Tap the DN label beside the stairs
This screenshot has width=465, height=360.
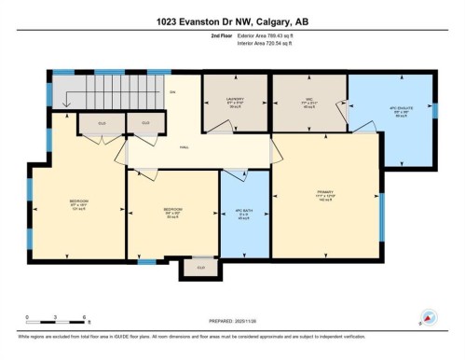coord(171,91)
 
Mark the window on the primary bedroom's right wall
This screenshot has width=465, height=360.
coord(380,217)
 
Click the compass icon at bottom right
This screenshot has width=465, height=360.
coord(428,317)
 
